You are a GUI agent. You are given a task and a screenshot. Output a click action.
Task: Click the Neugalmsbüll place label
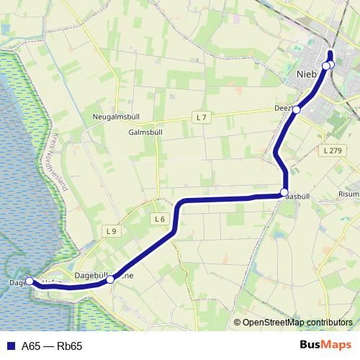114,117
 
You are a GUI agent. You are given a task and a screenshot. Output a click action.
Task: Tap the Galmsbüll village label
147,132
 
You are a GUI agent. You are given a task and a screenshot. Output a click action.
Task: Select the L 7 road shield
201,117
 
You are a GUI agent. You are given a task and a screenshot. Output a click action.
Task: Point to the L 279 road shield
332,150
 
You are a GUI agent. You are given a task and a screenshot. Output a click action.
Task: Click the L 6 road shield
160,219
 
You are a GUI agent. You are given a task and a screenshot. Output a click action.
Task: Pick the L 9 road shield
111,231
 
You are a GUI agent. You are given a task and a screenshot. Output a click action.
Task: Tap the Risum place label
348,194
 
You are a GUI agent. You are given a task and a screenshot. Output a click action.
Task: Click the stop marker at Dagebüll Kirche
110,279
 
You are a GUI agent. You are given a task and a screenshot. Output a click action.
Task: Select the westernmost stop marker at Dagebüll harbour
30,282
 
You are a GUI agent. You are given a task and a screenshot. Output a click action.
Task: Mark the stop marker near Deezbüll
296,109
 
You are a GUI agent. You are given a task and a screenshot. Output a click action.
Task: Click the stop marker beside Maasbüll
284,192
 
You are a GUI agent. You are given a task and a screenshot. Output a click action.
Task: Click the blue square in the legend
7,346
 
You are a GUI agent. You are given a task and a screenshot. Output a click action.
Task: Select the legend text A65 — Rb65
52,346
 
